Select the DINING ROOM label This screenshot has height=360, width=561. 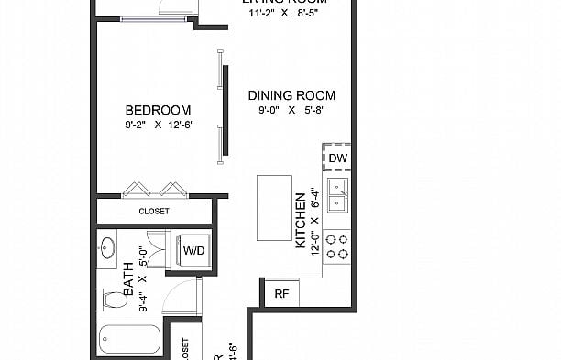tap(291, 95)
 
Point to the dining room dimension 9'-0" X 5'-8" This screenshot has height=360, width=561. tap(291, 111)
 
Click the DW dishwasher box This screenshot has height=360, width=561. tap(337, 158)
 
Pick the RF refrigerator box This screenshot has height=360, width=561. tap(280, 294)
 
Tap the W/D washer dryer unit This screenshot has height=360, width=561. tap(193, 250)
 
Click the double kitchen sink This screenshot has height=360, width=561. tap(337, 193)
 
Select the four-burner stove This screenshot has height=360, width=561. tap(337, 245)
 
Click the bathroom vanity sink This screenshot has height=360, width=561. tap(107, 247)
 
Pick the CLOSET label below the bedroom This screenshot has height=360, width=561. tap(154, 211)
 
